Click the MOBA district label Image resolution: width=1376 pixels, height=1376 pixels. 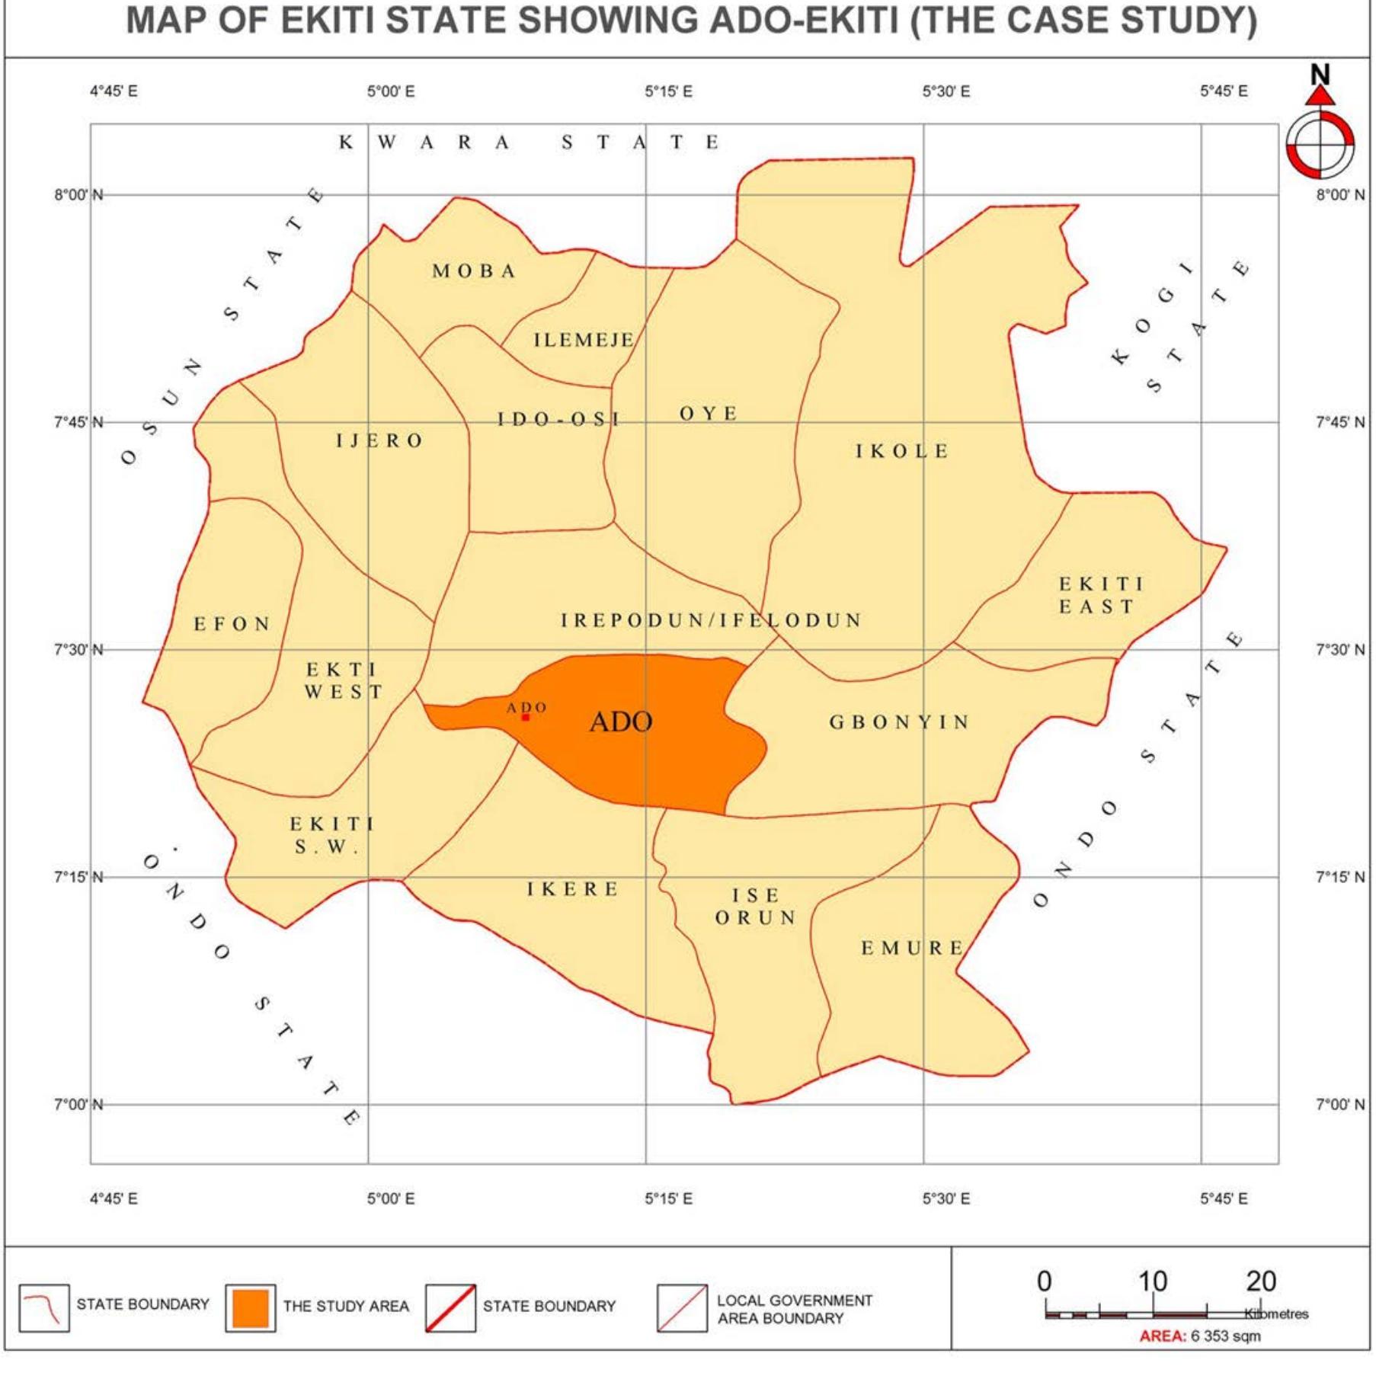point(474,271)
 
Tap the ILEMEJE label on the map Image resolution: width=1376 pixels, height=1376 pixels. point(584,340)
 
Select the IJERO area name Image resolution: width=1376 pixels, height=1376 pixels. point(379,441)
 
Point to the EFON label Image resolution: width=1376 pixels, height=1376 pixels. point(232,625)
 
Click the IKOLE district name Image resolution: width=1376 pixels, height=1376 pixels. point(902,452)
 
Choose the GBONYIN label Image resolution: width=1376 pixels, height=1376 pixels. point(899,722)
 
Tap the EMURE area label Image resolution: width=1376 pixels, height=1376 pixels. point(913,949)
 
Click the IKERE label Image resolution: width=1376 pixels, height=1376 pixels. point(573,889)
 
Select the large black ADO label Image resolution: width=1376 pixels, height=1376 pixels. point(621,722)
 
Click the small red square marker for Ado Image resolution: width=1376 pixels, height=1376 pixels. point(526,718)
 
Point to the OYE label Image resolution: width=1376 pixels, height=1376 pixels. point(709,414)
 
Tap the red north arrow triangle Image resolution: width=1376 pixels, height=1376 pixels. point(1320,96)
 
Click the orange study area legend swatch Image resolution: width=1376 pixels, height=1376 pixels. point(251,1308)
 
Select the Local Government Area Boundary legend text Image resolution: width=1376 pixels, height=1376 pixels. point(794,1309)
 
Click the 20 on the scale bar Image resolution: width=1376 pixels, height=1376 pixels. point(1261,1282)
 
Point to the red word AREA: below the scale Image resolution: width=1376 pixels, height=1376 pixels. point(1163,1336)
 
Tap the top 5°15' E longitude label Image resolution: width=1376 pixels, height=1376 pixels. point(668,92)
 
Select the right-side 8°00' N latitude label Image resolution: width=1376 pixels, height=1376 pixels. point(1340,195)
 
